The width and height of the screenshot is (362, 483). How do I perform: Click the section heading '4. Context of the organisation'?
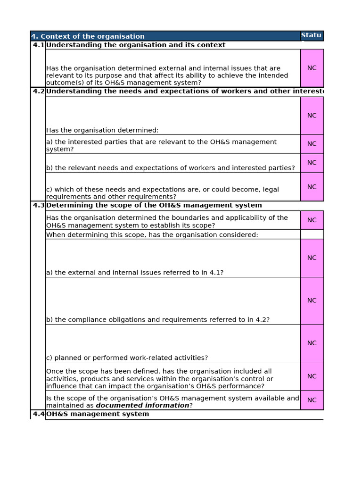[x=88, y=36]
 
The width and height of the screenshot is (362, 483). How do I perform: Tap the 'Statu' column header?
[x=311, y=35]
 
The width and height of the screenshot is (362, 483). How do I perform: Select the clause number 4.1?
[x=38, y=45]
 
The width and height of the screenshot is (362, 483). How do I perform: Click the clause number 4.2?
[x=38, y=92]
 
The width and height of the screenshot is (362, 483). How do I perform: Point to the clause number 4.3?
[x=38, y=205]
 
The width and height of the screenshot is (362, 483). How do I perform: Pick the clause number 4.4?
[x=38, y=414]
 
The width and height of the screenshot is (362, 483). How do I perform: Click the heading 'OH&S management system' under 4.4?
[x=98, y=414]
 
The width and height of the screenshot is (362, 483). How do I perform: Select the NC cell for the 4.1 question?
[x=312, y=68]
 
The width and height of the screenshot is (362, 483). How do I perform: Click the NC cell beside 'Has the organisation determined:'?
[x=312, y=116]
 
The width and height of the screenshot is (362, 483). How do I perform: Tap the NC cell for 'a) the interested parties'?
[x=312, y=144]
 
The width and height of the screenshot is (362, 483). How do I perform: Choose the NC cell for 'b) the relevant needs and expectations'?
[x=312, y=163]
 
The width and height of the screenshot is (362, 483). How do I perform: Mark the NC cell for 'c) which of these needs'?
[x=312, y=187]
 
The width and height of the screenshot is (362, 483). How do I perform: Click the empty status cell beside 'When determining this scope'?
[x=312, y=234]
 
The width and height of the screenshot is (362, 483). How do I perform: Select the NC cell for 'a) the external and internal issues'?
[x=312, y=258]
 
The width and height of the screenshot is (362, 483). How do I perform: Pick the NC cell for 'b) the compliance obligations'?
[x=312, y=300]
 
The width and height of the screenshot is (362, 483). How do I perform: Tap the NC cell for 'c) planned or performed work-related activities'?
[x=312, y=343]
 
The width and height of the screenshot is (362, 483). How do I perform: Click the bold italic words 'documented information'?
[x=142, y=406]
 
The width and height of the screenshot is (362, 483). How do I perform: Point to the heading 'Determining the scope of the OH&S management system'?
[x=154, y=205]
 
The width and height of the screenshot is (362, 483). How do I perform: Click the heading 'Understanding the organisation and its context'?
[x=136, y=45]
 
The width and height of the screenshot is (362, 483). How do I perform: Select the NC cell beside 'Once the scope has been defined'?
[x=312, y=376]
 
